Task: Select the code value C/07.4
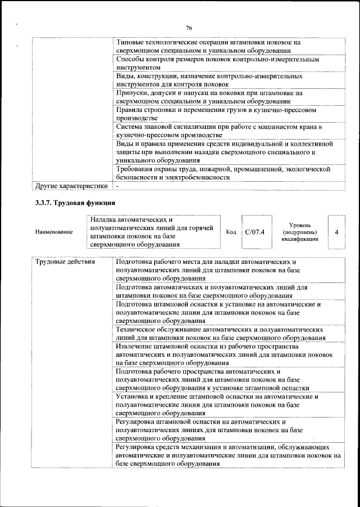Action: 255,232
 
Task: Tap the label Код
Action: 231,232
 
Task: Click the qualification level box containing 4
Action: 336,231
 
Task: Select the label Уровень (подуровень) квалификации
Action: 299,232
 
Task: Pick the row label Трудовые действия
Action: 65,262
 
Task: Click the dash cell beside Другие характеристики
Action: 118,185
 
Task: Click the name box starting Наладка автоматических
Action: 152,231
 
